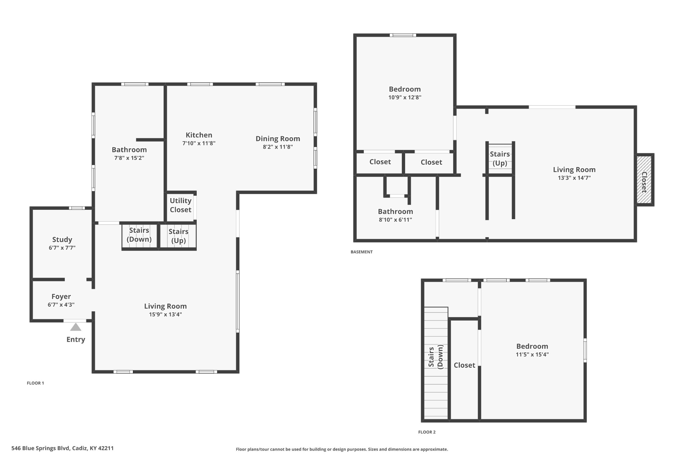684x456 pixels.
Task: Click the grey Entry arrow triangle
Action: click(75, 327)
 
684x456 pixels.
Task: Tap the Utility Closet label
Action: click(181, 205)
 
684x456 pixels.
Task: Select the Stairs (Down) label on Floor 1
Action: click(139, 235)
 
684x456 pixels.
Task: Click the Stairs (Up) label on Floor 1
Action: click(179, 236)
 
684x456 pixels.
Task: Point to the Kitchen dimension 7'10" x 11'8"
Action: click(199, 143)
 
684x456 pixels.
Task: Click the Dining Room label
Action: click(278, 139)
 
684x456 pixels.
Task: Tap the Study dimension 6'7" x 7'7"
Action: click(62, 248)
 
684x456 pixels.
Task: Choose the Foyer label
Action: click(61, 297)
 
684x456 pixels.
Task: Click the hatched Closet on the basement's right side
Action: click(644, 179)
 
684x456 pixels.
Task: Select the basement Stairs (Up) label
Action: click(500, 159)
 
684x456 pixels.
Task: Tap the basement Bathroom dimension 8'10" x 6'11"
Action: click(395, 220)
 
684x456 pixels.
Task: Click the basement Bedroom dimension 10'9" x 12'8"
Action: click(405, 98)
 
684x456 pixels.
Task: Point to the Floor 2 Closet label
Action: click(464, 365)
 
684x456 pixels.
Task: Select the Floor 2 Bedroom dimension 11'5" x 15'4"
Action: click(532, 354)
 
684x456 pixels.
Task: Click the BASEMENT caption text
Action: click(362, 252)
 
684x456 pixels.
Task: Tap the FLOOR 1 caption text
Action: click(35, 383)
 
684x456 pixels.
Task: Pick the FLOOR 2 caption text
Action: click(427, 432)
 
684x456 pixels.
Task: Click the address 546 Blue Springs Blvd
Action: click(40, 448)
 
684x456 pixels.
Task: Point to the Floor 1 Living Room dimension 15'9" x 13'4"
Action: click(165, 314)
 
